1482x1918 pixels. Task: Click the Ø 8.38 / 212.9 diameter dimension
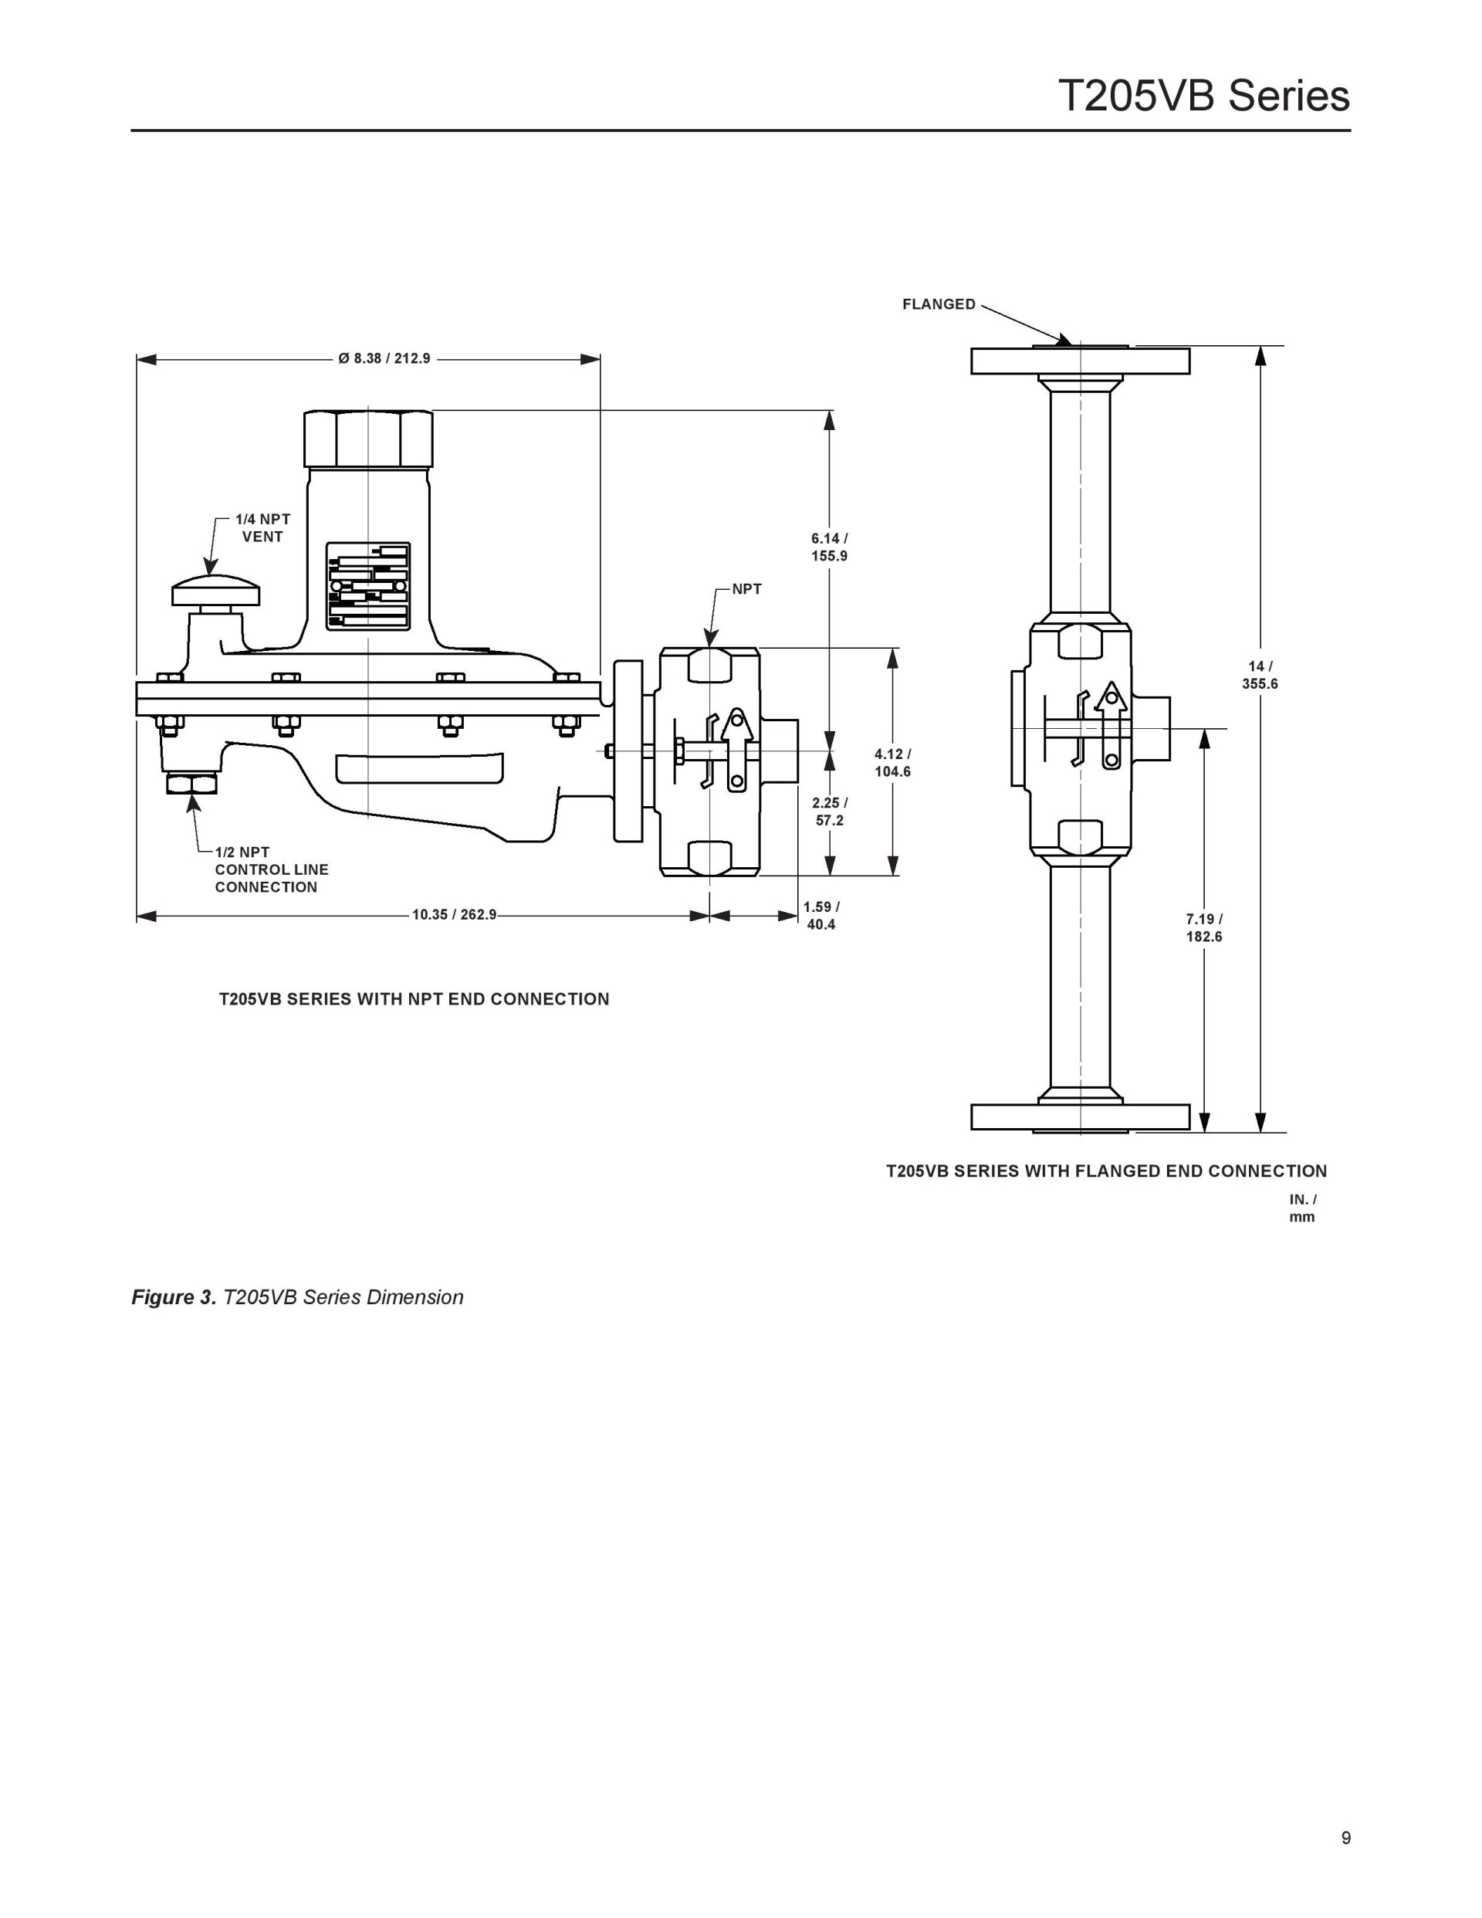384,358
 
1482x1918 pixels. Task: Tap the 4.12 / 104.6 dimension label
892,762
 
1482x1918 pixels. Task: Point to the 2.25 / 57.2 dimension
830,812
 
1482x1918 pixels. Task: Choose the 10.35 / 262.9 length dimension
455,914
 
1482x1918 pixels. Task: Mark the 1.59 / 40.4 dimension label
821,915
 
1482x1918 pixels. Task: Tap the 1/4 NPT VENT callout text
262,528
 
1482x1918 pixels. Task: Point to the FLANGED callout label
939,304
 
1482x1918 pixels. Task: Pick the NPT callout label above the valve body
747,589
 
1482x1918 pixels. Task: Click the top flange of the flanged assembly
1080,361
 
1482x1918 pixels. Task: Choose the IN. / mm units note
1303,1208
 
